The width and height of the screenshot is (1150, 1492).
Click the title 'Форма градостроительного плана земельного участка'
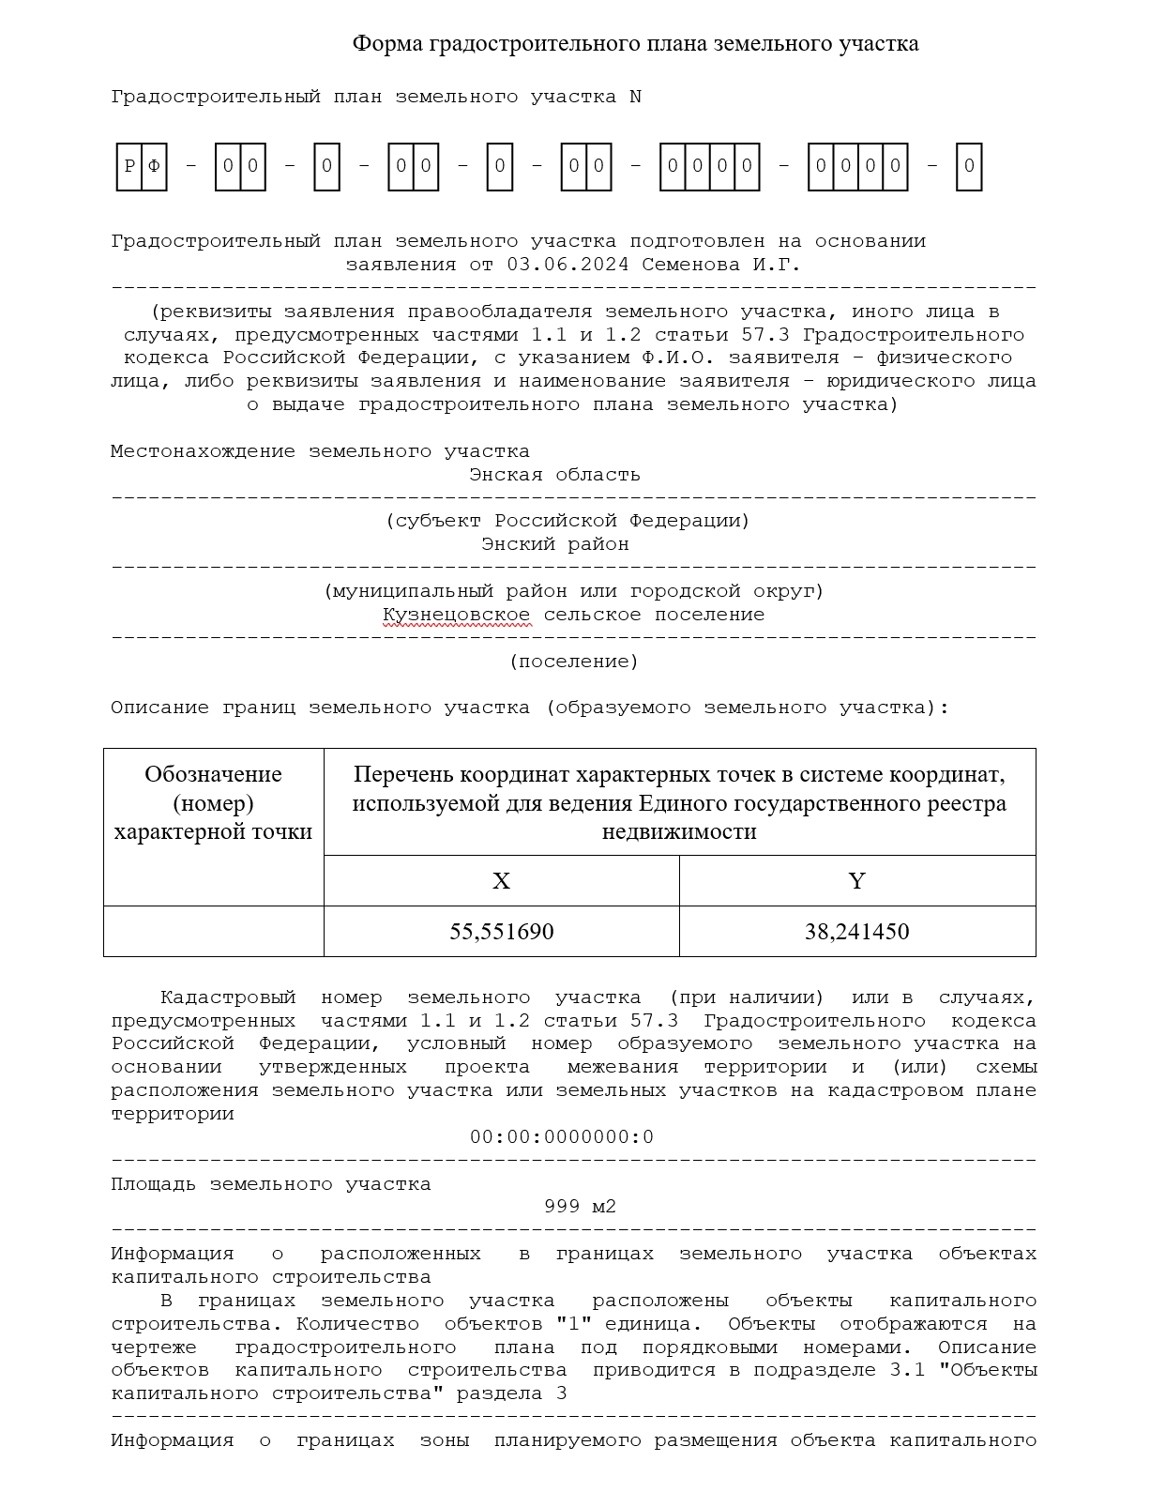pyautogui.click(x=635, y=43)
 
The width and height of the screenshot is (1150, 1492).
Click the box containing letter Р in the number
pyautogui.click(x=129, y=167)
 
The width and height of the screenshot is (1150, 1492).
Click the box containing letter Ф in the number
pyautogui.click(x=155, y=167)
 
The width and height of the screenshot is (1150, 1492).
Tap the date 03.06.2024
pyautogui.click(x=567, y=265)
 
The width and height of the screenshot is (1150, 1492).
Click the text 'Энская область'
pyautogui.click(x=554, y=475)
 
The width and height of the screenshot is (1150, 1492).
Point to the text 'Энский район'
pyautogui.click(x=554, y=544)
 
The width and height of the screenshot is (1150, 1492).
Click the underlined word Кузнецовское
pyautogui.click(x=456, y=615)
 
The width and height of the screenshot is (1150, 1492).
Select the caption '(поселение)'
pyautogui.click(x=573, y=662)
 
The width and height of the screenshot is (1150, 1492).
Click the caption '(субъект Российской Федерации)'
pyautogui.click(x=567, y=521)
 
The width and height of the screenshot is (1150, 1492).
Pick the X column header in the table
pyautogui.click(x=501, y=881)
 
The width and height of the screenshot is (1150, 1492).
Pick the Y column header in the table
pyautogui.click(x=856, y=881)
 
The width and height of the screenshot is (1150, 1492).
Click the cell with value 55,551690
pyautogui.click(x=501, y=932)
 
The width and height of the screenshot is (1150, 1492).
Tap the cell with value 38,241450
pyautogui.click(x=856, y=932)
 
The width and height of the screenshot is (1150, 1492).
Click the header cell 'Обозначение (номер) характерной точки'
pyautogui.click(x=213, y=803)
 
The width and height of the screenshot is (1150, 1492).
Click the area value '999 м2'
pyautogui.click(x=580, y=1207)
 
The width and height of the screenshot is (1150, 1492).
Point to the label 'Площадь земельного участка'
pyautogui.click(x=270, y=1184)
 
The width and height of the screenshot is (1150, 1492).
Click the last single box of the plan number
pyautogui.click(x=969, y=167)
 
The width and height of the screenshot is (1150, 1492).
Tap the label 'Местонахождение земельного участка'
pyautogui.click(x=320, y=451)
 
